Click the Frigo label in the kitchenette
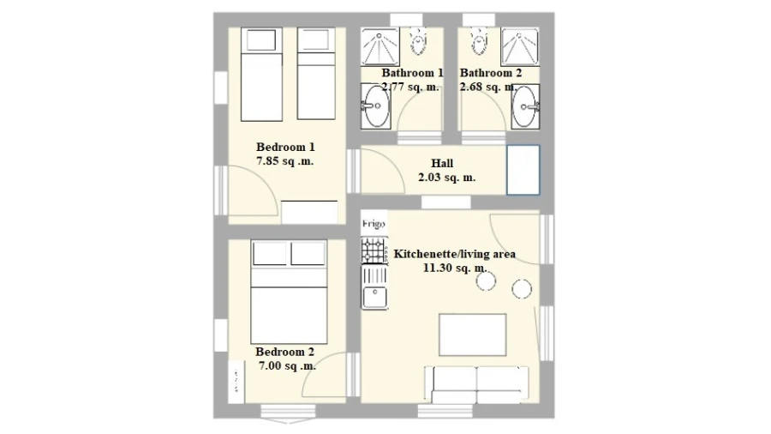(x=374, y=224)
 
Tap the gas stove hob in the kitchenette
(x=374, y=251)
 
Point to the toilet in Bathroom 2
(x=479, y=40)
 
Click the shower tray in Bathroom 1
(x=380, y=47)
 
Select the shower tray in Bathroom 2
(x=520, y=47)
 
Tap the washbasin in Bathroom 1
(x=376, y=106)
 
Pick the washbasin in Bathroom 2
(x=525, y=106)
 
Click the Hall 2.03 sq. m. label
(x=446, y=170)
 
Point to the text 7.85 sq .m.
(x=285, y=161)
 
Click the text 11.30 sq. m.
(x=455, y=268)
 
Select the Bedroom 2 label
(x=284, y=352)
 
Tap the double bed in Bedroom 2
(x=290, y=292)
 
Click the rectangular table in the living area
(x=473, y=335)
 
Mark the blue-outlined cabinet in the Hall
(x=523, y=170)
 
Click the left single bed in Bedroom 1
(x=261, y=75)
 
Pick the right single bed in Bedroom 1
(x=316, y=74)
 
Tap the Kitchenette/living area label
(x=455, y=255)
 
